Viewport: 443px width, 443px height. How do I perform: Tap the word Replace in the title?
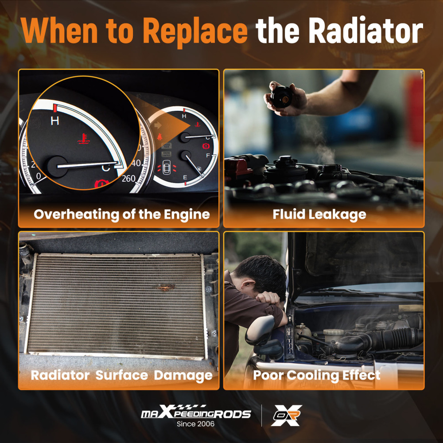(195, 31)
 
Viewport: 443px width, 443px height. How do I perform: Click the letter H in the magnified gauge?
(55, 121)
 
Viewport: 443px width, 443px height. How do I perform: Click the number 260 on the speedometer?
(128, 179)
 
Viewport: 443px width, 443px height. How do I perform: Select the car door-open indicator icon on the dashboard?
(167, 167)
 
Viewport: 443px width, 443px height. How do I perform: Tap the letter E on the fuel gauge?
(185, 178)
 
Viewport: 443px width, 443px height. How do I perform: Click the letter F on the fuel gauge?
(208, 155)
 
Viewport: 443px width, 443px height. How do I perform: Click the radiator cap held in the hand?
(281, 97)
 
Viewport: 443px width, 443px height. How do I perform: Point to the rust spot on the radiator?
(165, 288)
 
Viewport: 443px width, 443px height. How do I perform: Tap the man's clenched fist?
(268, 298)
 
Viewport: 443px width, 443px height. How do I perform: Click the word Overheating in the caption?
(77, 215)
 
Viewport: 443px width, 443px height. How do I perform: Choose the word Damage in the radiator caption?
(183, 376)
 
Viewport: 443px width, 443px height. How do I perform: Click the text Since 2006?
(195, 424)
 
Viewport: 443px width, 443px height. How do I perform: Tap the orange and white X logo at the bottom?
(286, 415)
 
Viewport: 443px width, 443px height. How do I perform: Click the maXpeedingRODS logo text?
(196, 412)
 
